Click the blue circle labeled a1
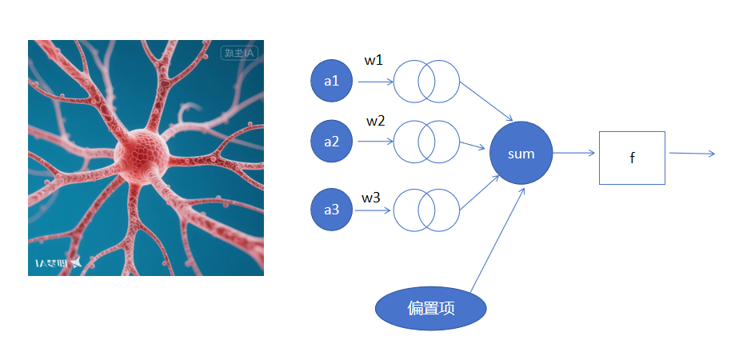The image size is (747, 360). coord(331,81)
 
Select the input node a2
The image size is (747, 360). coord(331,142)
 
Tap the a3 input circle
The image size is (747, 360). coord(331,210)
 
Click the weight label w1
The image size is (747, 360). coord(374,61)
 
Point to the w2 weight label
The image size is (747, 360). coord(376,122)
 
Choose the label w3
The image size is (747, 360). coord(371,197)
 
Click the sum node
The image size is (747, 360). coord(521,154)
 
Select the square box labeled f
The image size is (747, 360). coord(632,158)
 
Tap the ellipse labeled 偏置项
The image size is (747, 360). coord(431,309)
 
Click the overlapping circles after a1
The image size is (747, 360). coord(427,81)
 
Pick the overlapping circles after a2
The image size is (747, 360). coord(427,142)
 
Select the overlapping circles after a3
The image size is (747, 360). coord(427,210)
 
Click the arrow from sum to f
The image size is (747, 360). coord(573,153)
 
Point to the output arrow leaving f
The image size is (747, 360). coord(692,153)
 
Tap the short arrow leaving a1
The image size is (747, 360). coord(374,81)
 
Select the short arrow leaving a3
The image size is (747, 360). coord(373,211)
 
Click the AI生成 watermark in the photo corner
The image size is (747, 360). coord(238,54)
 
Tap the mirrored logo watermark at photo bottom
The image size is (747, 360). coord(58,262)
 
